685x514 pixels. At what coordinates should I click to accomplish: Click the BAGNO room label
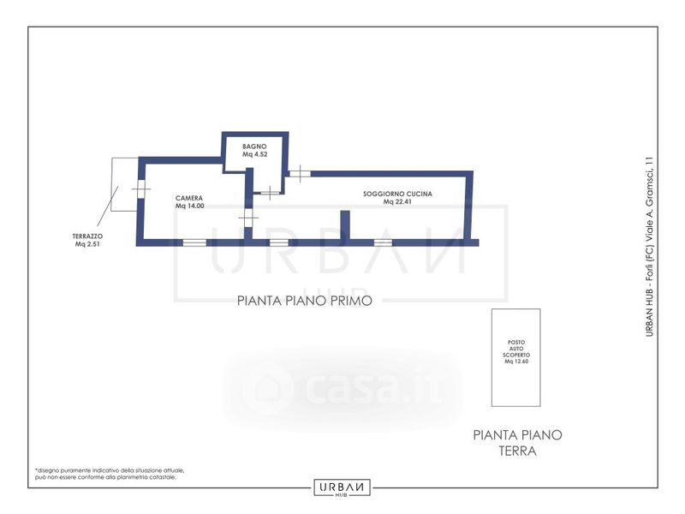tap(254, 146)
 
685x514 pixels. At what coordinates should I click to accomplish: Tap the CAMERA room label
tap(189, 198)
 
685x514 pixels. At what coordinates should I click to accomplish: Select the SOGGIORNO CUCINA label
tap(397, 194)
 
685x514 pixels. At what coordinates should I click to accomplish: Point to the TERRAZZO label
tap(87, 236)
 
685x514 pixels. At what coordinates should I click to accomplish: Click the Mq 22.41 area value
tap(397, 202)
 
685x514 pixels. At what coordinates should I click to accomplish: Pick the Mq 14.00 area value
tap(189, 206)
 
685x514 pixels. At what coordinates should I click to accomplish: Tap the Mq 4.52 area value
tap(254, 154)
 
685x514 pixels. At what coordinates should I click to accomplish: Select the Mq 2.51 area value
tap(87, 244)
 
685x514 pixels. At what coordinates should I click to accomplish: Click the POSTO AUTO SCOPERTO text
tap(516, 349)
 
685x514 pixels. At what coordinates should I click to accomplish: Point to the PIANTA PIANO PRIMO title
tap(305, 301)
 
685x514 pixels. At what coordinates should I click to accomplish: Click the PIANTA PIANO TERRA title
tap(518, 443)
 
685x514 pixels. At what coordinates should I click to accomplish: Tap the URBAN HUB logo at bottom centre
tap(342, 487)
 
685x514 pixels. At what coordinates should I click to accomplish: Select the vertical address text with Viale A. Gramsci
tap(650, 247)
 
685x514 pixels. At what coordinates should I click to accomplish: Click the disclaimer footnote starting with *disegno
tap(110, 474)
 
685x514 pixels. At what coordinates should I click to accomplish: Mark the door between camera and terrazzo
tap(141, 189)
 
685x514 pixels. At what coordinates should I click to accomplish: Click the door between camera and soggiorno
tap(248, 218)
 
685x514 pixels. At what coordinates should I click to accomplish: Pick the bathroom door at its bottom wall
tap(270, 192)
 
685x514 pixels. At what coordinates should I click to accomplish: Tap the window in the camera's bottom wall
tap(194, 242)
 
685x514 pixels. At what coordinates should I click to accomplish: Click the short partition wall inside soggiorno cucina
tap(345, 225)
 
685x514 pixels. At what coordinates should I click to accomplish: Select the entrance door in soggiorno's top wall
tap(301, 174)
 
